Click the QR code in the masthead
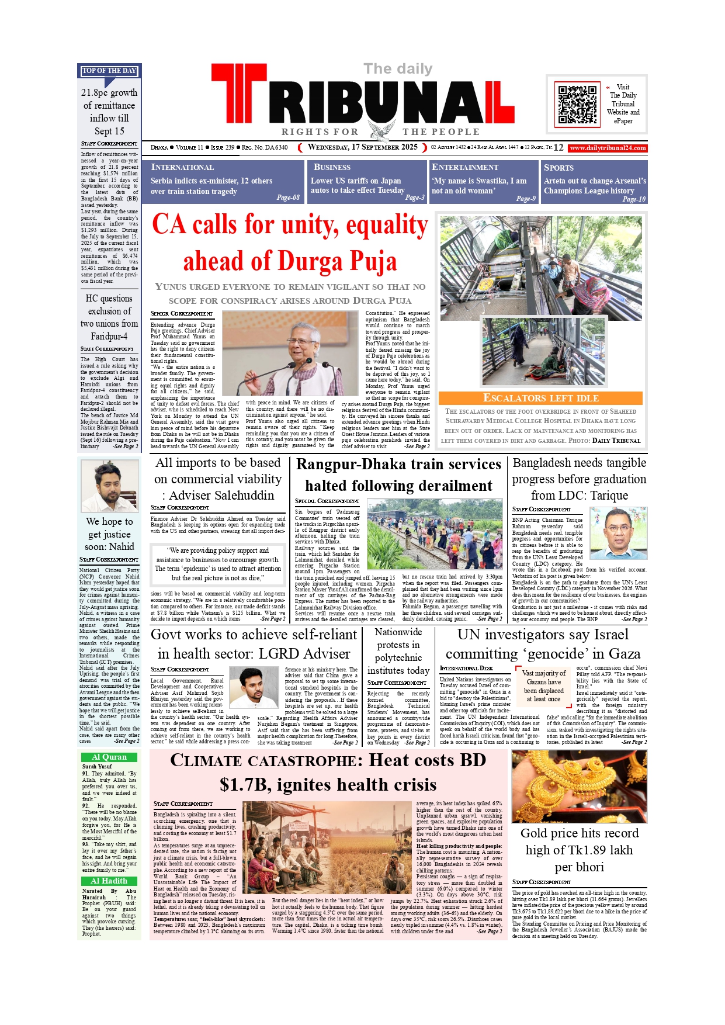click(x=577, y=104)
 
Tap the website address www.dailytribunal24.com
click(x=608, y=148)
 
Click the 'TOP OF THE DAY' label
click(x=109, y=71)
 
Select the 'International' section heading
click(x=182, y=168)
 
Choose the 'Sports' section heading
click(x=559, y=168)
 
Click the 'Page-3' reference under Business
click(x=415, y=198)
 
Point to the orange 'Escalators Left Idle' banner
click(x=540, y=398)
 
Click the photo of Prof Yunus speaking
click(x=290, y=353)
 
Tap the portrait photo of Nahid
click(x=109, y=486)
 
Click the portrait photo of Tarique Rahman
click(x=618, y=533)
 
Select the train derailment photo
click(x=435, y=534)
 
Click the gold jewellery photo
click(x=579, y=786)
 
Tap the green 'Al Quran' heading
click(x=109, y=757)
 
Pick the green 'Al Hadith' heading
click(x=109, y=881)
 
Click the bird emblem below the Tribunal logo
click(x=380, y=131)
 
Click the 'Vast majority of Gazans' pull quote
click(x=543, y=685)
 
